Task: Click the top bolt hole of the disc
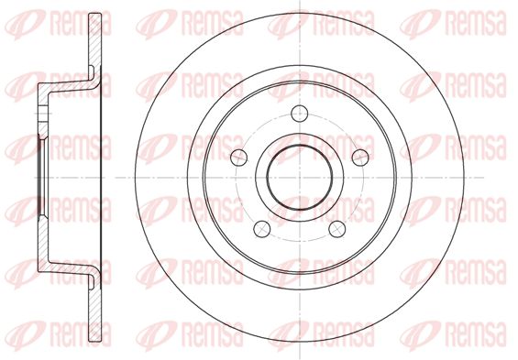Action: point(299,114)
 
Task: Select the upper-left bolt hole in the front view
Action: point(239,158)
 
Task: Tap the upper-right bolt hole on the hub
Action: point(360,158)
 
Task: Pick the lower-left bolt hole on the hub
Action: point(262,228)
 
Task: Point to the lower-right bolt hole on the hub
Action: point(337,228)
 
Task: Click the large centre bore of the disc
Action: point(299,178)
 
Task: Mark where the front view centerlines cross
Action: point(299,178)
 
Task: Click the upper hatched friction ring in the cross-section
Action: point(94,45)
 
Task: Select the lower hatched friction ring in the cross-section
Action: point(94,311)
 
